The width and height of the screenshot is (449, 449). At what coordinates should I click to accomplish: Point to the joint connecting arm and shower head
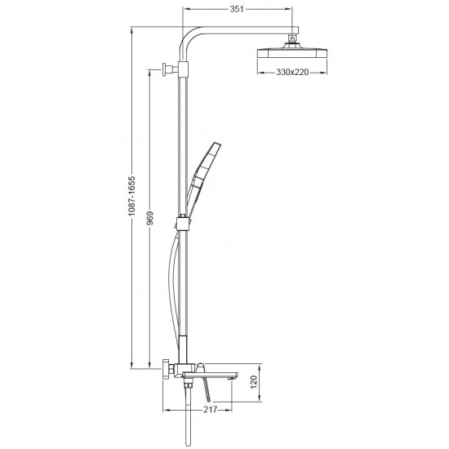[292, 40]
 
